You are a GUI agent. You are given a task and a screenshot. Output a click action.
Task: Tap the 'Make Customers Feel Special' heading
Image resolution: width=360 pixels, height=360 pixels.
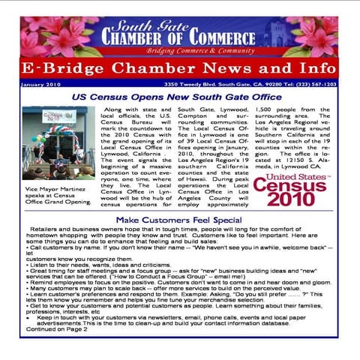click(x=178, y=220)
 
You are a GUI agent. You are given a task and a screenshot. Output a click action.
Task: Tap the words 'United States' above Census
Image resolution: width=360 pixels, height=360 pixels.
click(x=301, y=177)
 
